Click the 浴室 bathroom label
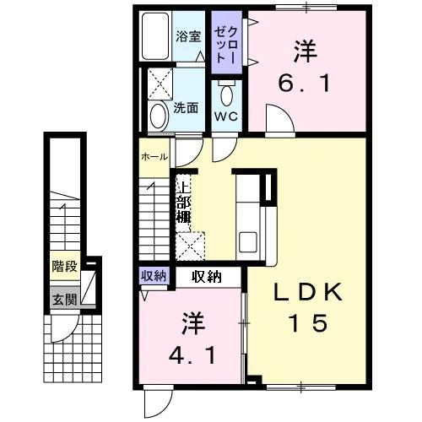(x=188, y=36)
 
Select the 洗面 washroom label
(x=186, y=108)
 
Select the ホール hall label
(x=154, y=157)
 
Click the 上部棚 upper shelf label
(x=183, y=199)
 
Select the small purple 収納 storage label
(x=152, y=275)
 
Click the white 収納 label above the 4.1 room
(x=207, y=275)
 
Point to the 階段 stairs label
(x=64, y=267)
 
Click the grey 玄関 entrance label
(x=64, y=298)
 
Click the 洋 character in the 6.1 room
(x=306, y=52)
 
